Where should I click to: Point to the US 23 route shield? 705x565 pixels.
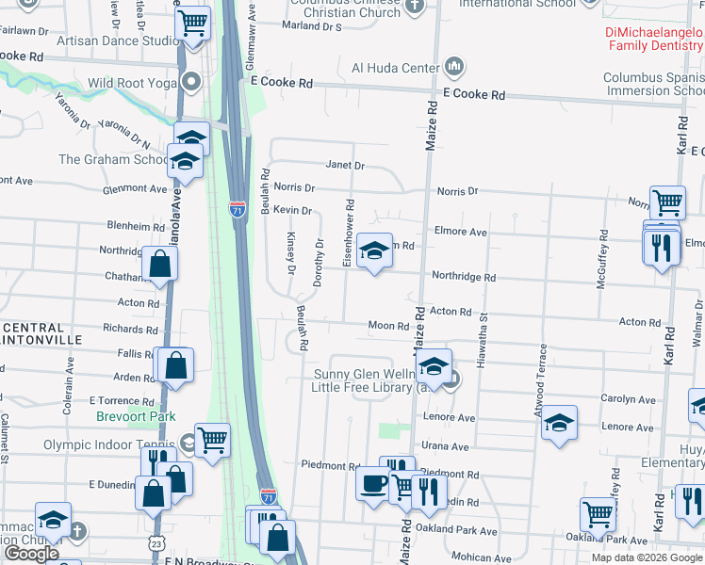click(x=156, y=543)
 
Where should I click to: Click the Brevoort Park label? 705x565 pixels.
click(x=136, y=416)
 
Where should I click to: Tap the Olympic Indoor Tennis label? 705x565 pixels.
click(x=110, y=444)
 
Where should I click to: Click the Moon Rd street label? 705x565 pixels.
click(x=388, y=326)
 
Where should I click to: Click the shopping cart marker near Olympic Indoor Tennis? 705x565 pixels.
click(x=213, y=439)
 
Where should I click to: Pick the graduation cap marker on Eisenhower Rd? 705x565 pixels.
click(x=375, y=250)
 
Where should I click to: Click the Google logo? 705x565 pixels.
click(x=32, y=554)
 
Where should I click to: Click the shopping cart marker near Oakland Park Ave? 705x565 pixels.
click(x=598, y=514)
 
